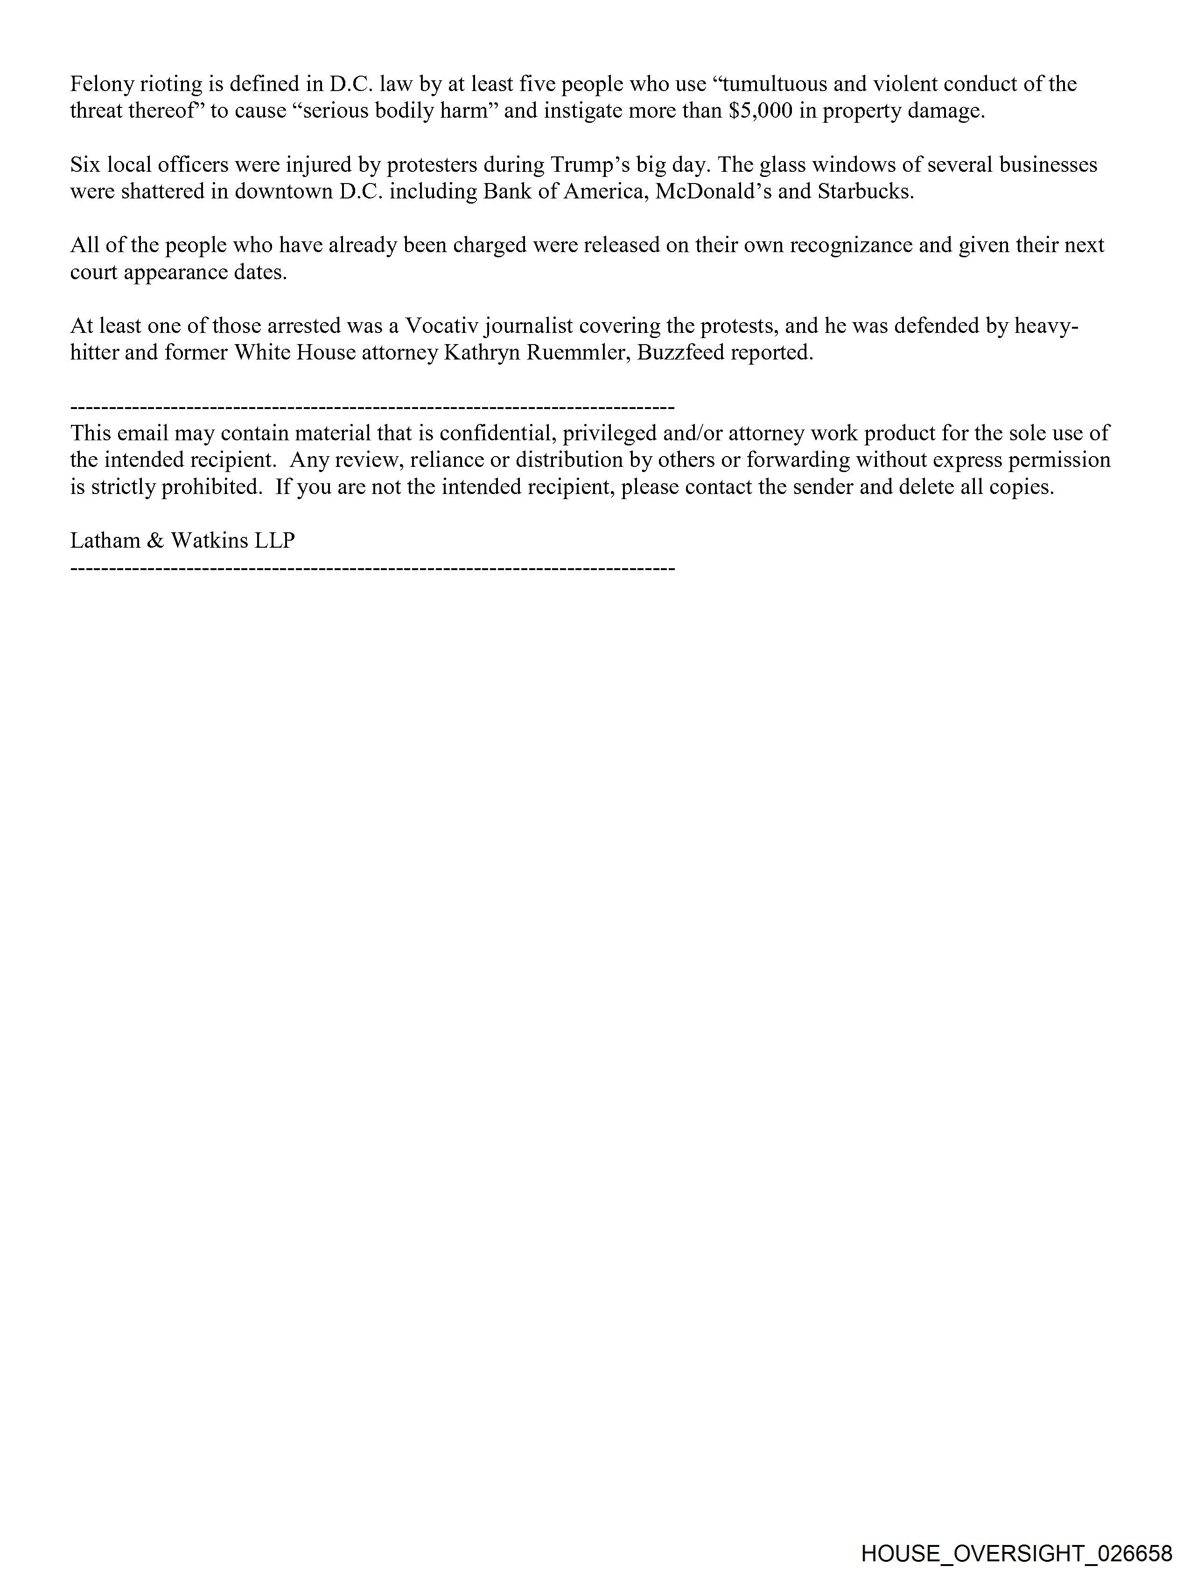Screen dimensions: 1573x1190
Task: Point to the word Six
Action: click(x=85, y=165)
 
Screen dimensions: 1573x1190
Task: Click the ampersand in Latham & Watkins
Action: click(x=155, y=541)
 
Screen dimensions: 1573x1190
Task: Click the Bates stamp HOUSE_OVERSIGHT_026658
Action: click(x=1016, y=1553)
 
